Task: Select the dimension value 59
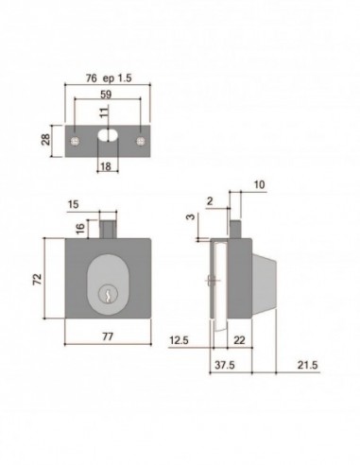[x=106, y=95]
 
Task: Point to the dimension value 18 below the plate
[x=105, y=166]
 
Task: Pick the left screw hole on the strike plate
[x=75, y=140]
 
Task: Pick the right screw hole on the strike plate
[x=140, y=140]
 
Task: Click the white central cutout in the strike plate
[x=106, y=139]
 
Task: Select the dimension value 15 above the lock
[x=75, y=203]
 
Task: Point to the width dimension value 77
[x=107, y=336]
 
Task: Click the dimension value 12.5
[x=180, y=340]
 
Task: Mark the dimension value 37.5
[x=223, y=364]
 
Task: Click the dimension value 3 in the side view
[x=191, y=218]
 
